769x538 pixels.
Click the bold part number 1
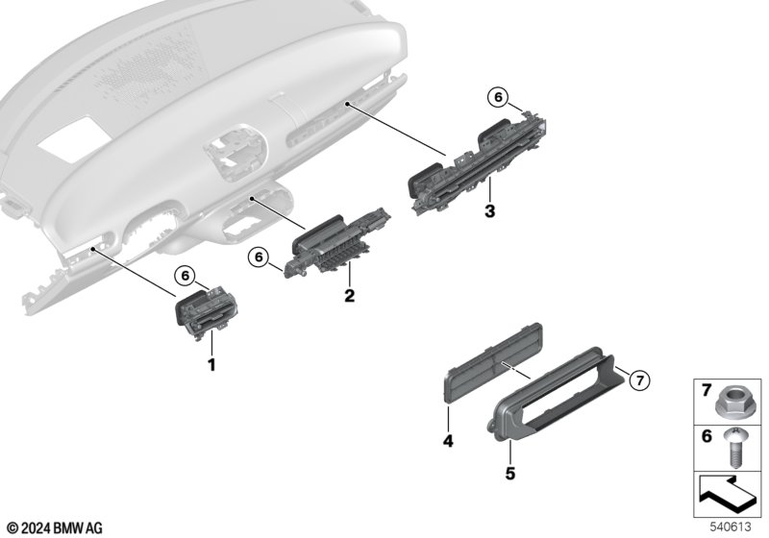tap(211, 365)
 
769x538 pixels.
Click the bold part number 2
tap(349, 296)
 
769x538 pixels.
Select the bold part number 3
tap(489, 211)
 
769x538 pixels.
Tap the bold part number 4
tap(448, 441)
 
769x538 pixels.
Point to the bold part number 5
tap(510, 474)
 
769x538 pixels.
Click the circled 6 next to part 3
tap(498, 97)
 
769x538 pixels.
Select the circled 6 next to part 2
tap(259, 257)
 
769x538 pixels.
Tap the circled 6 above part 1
tap(185, 276)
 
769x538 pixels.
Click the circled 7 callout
tap(639, 379)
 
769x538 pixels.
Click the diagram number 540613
tap(731, 526)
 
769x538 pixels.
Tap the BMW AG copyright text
tap(56, 528)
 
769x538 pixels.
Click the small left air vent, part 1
tap(207, 312)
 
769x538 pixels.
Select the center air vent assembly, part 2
tap(337, 242)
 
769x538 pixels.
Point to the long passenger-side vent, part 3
tap(477, 164)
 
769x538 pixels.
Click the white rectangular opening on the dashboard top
tap(73, 138)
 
